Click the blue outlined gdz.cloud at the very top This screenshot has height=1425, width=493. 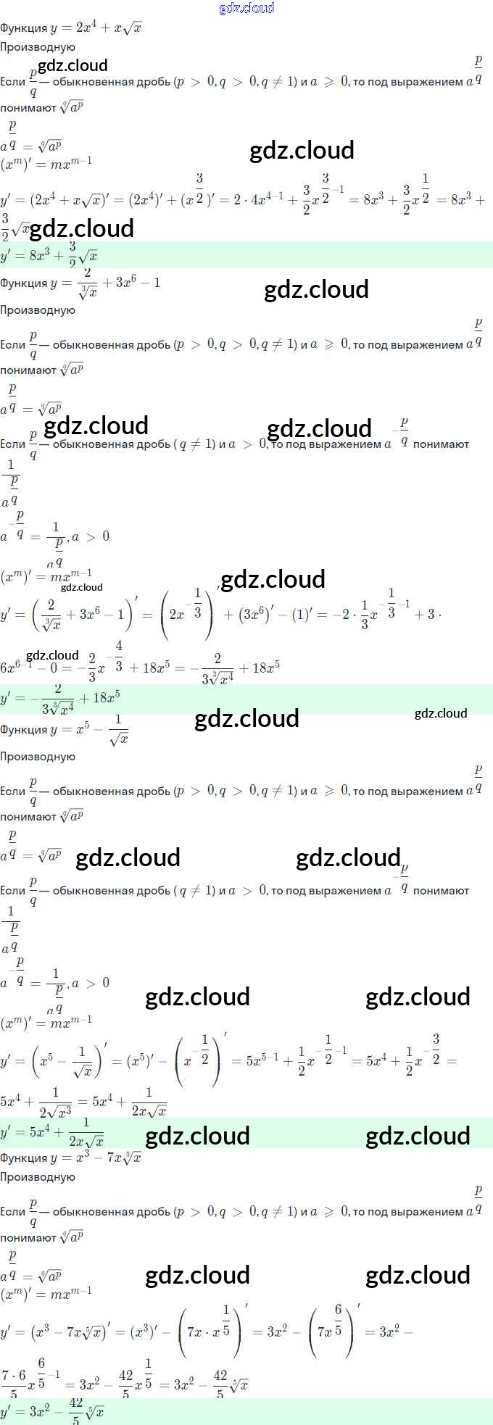coord(246,8)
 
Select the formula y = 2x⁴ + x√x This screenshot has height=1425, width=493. coord(96,28)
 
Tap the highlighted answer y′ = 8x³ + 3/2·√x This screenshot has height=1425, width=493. coord(49,255)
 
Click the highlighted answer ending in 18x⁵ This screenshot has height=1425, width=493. coord(61,697)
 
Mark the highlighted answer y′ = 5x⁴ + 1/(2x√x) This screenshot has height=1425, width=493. coord(52,1131)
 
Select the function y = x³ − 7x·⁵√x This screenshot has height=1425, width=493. coord(96,1158)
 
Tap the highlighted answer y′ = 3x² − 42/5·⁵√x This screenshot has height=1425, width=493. coord(52,1411)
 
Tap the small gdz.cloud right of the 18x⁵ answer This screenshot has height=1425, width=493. coord(441,713)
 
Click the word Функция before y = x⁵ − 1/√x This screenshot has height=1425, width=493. coord(23,730)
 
